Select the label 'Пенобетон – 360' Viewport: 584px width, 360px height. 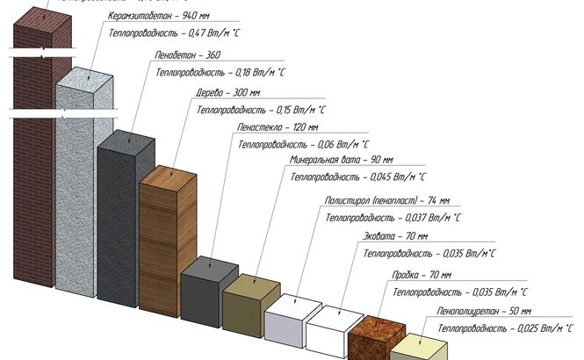click(187, 54)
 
